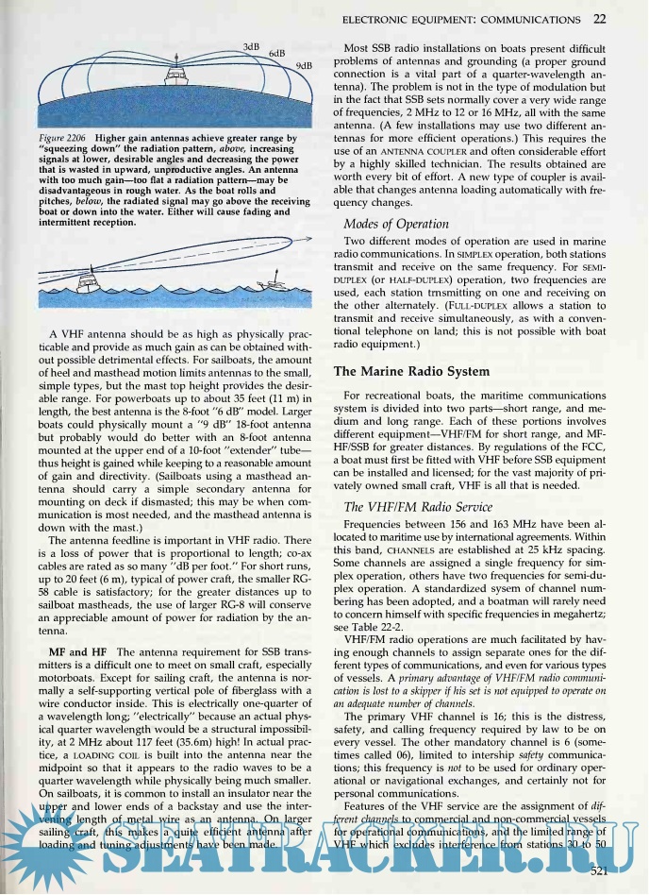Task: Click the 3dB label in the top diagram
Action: [x=251, y=46]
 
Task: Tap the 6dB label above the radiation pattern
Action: [x=277, y=55]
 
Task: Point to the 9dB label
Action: [x=304, y=66]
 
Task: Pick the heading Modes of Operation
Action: [x=396, y=224]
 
